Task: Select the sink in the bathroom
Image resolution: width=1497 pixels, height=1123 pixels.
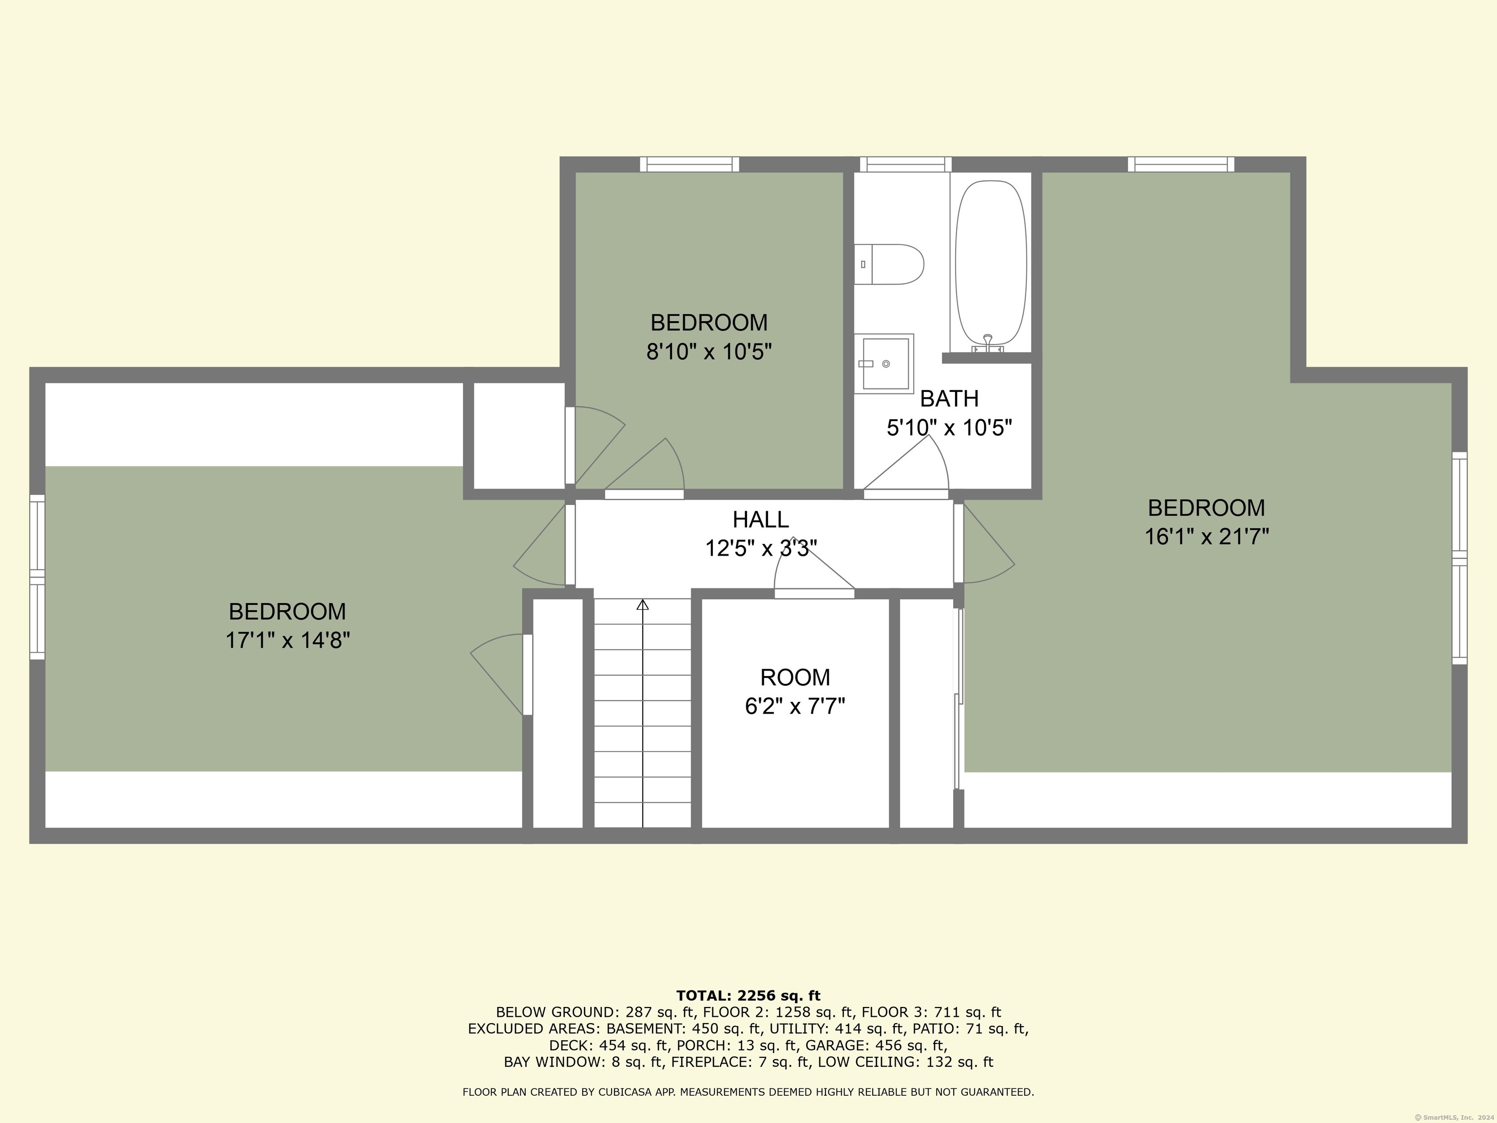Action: click(x=884, y=364)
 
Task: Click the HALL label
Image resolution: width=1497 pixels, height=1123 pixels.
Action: click(x=760, y=519)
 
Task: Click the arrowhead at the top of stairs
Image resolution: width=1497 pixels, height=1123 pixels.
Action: click(x=642, y=604)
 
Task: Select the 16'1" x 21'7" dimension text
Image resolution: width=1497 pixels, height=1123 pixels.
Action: click(x=1206, y=537)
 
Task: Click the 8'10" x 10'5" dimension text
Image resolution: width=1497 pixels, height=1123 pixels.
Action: click(x=709, y=352)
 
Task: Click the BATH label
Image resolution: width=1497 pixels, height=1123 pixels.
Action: click(x=949, y=399)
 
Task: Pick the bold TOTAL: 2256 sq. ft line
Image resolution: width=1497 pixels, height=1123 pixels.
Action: click(x=748, y=996)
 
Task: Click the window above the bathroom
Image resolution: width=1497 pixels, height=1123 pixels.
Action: click(x=905, y=164)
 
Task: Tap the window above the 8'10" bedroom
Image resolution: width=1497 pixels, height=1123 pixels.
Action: click(x=689, y=164)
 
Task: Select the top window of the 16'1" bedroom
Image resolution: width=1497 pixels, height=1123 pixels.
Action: click(x=1180, y=164)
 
